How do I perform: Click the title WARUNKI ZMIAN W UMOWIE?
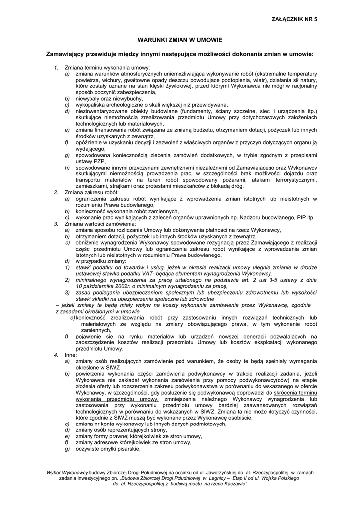pos(180,38)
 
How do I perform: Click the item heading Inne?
pos(69,355)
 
